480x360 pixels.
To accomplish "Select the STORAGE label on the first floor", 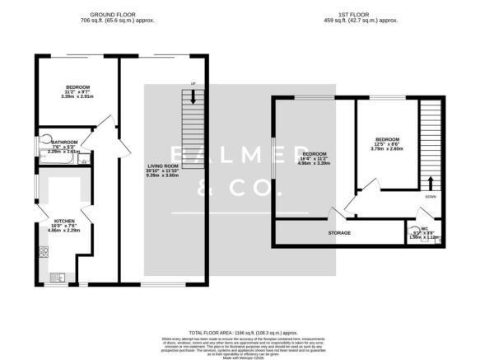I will tap(340, 233).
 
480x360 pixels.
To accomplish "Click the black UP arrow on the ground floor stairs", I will tap(193, 96).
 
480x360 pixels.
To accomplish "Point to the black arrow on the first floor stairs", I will tap(429, 183).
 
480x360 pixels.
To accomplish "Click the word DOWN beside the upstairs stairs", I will tap(431, 198).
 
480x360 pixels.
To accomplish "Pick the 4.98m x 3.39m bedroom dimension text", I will tap(314, 164).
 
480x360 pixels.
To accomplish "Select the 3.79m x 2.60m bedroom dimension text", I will tap(387, 149).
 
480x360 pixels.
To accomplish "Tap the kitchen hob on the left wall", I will tap(41, 250).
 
